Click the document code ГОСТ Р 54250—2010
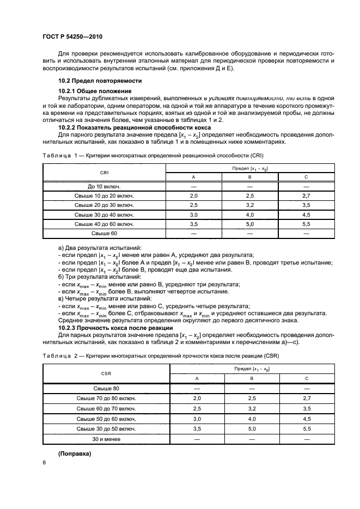click(x=72, y=36)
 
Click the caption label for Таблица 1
click(x=60, y=156)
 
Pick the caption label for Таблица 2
click(x=60, y=355)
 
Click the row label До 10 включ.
click(x=103, y=186)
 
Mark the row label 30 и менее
click(x=106, y=439)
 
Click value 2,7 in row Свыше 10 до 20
click(x=306, y=194)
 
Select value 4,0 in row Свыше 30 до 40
click(x=249, y=214)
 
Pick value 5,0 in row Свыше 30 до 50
click(x=249, y=429)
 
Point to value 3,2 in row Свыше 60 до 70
click(x=249, y=409)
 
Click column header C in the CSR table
click(x=306, y=379)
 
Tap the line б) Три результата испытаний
click(x=94, y=277)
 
